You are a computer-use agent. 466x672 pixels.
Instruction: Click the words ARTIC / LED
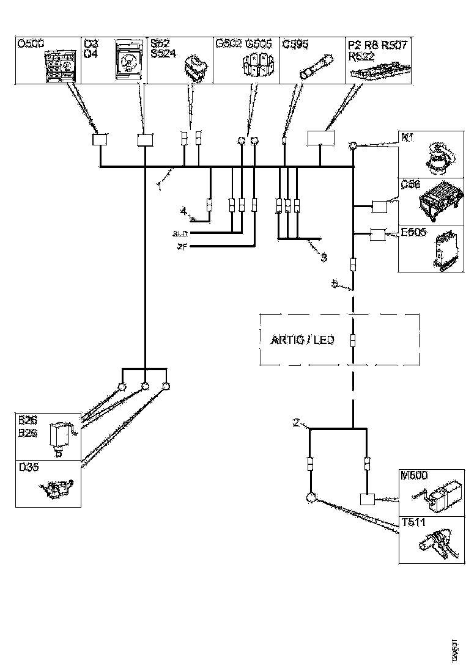click(303, 340)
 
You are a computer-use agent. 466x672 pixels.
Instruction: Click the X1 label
click(406, 137)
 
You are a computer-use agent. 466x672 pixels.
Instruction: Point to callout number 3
click(324, 257)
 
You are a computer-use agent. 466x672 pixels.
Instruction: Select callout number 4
click(183, 211)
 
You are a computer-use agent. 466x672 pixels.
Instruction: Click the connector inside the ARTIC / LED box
click(353, 340)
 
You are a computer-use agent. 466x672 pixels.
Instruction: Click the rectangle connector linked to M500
click(367, 500)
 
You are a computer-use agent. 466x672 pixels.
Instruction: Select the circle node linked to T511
click(311, 497)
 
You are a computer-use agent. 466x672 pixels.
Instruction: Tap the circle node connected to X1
click(353, 146)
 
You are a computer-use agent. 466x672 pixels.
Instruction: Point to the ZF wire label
click(182, 246)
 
